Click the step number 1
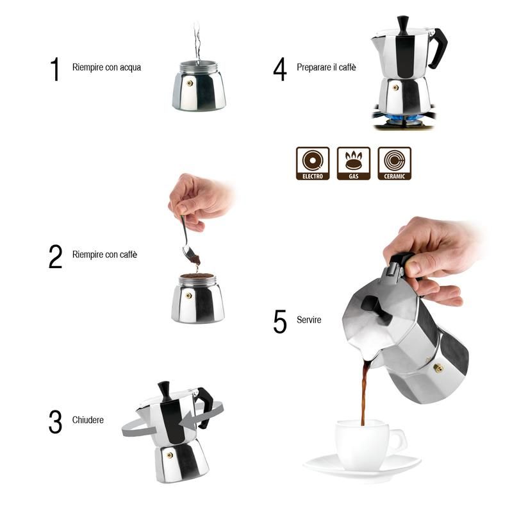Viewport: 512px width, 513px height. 55,69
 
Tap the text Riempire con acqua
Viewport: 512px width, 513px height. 106,67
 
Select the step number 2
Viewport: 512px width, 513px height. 56,256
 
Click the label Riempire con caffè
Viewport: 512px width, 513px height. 104,255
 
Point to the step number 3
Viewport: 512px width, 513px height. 56,421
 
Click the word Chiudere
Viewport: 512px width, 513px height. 88,420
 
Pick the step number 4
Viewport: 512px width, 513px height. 280,69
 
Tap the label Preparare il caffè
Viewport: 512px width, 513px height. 326,67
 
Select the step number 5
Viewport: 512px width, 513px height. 280,322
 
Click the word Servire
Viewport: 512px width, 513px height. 309,319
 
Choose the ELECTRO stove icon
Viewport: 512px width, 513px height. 313,163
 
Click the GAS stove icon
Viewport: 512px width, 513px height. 354,163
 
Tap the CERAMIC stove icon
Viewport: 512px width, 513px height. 395,163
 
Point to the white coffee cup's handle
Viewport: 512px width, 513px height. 397,441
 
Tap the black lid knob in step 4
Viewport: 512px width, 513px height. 403,24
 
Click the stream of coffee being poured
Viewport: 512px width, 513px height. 365,391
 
